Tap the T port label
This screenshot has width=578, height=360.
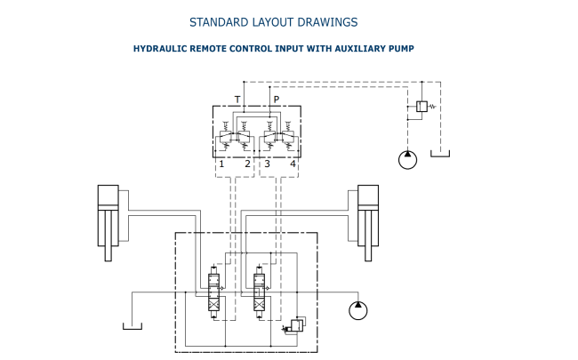point(237,100)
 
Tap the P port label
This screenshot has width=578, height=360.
point(277,100)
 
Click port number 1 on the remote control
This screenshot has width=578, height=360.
point(221,164)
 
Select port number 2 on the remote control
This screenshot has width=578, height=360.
point(248,164)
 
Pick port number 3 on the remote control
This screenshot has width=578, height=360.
point(268,164)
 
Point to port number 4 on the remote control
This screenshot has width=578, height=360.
point(293,164)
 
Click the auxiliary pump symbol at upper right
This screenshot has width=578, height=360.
point(407,160)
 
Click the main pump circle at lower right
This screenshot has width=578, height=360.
point(358,310)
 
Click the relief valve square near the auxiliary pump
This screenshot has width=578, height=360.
point(421,107)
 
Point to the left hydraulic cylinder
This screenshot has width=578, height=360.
point(108,223)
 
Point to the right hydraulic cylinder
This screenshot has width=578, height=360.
point(368,223)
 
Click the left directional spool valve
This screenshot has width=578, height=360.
point(213,292)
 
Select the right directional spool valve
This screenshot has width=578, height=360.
point(259,292)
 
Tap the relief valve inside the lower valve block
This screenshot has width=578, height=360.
point(297,326)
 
